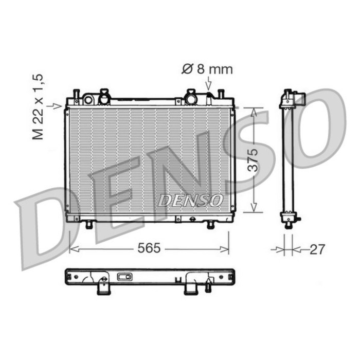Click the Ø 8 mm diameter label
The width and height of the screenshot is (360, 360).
[x=208, y=69]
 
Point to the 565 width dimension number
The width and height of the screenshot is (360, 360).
[x=149, y=249]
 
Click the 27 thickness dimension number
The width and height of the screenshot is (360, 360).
[x=317, y=249]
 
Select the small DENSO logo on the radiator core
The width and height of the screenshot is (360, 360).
[x=190, y=200]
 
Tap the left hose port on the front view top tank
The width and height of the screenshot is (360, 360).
[x=105, y=96]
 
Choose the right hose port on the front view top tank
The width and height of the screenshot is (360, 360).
[x=191, y=96]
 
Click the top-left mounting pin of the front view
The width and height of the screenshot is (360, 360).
[x=75, y=95]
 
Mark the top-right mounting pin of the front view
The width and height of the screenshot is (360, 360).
[x=220, y=95]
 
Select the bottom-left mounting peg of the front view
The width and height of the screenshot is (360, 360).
[x=88, y=225]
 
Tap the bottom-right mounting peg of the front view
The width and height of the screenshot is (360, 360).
[x=211, y=225]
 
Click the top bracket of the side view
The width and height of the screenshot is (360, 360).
[x=296, y=98]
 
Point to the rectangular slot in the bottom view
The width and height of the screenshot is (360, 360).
[x=124, y=277]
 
